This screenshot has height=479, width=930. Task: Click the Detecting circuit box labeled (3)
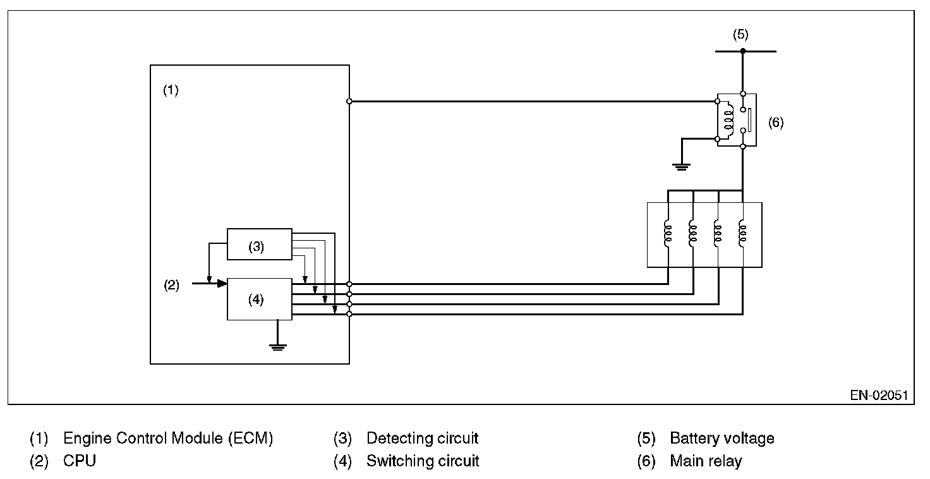(259, 244)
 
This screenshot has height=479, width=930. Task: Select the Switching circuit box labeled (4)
(259, 299)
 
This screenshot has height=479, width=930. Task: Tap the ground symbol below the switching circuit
(277, 346)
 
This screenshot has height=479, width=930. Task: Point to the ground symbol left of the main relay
(681, 166)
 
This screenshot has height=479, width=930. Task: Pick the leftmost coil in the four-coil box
(668, 233)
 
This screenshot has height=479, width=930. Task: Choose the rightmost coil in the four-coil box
(742, 233)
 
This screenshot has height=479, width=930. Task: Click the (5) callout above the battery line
(740, 34)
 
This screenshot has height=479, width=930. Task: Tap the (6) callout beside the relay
(775, 123)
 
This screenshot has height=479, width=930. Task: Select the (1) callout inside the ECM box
(171, 90)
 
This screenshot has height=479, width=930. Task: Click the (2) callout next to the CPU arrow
(171, 286)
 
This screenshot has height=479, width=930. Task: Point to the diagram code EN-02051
(878, 396)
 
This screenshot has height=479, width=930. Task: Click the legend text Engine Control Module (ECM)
(168, 438)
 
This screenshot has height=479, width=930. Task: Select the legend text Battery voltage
(722, 438)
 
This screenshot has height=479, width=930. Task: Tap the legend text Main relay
(706, 461)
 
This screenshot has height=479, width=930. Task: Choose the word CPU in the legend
(80, 461)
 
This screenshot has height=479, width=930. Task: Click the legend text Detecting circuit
(422, 438)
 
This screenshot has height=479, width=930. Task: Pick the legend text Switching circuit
(423, 461)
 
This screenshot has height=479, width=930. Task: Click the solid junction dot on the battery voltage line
(742, 51)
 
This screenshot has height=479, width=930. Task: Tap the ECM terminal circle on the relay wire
(349, 101)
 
